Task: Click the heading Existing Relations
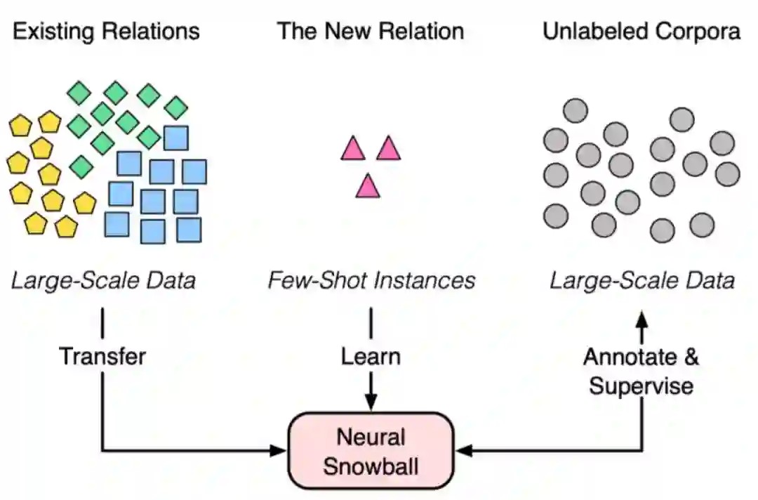tap(107, 32)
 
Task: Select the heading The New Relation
tap(371, 32)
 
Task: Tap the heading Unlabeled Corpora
tap(641, 32)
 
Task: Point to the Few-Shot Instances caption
tap(371, 281)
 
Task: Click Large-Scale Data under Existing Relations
tap(104, 281)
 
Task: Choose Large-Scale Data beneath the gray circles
tap(642, 281)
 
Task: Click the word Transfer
tap(102, 356)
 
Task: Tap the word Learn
tap(371, 356)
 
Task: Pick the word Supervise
tap(641, 386)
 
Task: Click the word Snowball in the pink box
tap(371, 466)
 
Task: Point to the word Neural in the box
tap(371, 438)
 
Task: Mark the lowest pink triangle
tap(368, 187)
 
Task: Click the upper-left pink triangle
tap(353, 149)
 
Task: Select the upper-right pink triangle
tap(388, 149)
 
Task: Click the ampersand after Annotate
tap(691, 357)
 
